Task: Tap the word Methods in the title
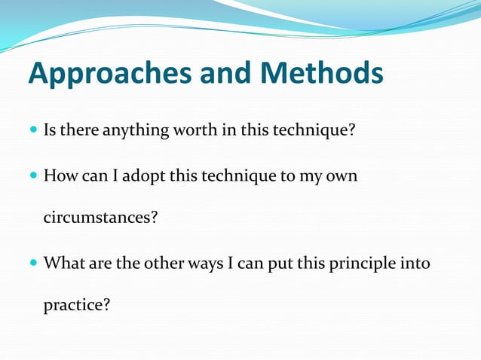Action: coord(322,75)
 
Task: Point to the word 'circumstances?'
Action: coord(100,218)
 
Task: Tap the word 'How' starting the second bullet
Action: coord(58,175)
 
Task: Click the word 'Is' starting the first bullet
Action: coord(50,130)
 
